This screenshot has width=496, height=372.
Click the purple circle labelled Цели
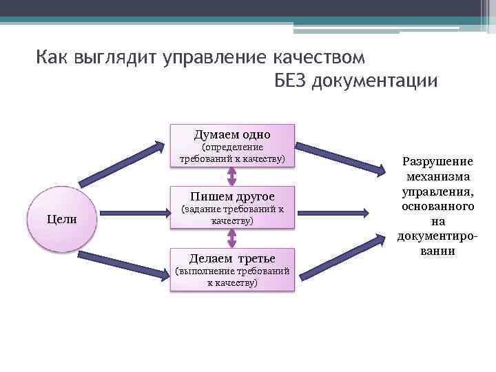(61, 219)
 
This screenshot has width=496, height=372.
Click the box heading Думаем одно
(232, 134)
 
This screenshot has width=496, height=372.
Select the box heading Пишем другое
(232, 196)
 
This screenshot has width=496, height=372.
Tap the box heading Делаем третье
(232, 258)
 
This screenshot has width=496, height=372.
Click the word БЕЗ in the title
(291, 81)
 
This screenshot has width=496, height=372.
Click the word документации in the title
(375, 81)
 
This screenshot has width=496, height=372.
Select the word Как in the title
(52, 55)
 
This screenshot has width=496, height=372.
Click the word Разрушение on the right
(438, 161)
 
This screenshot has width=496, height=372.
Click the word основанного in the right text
(438, 207)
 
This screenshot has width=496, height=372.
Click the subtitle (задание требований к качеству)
(232, 215)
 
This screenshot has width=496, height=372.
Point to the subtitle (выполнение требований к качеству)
(232, 277)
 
